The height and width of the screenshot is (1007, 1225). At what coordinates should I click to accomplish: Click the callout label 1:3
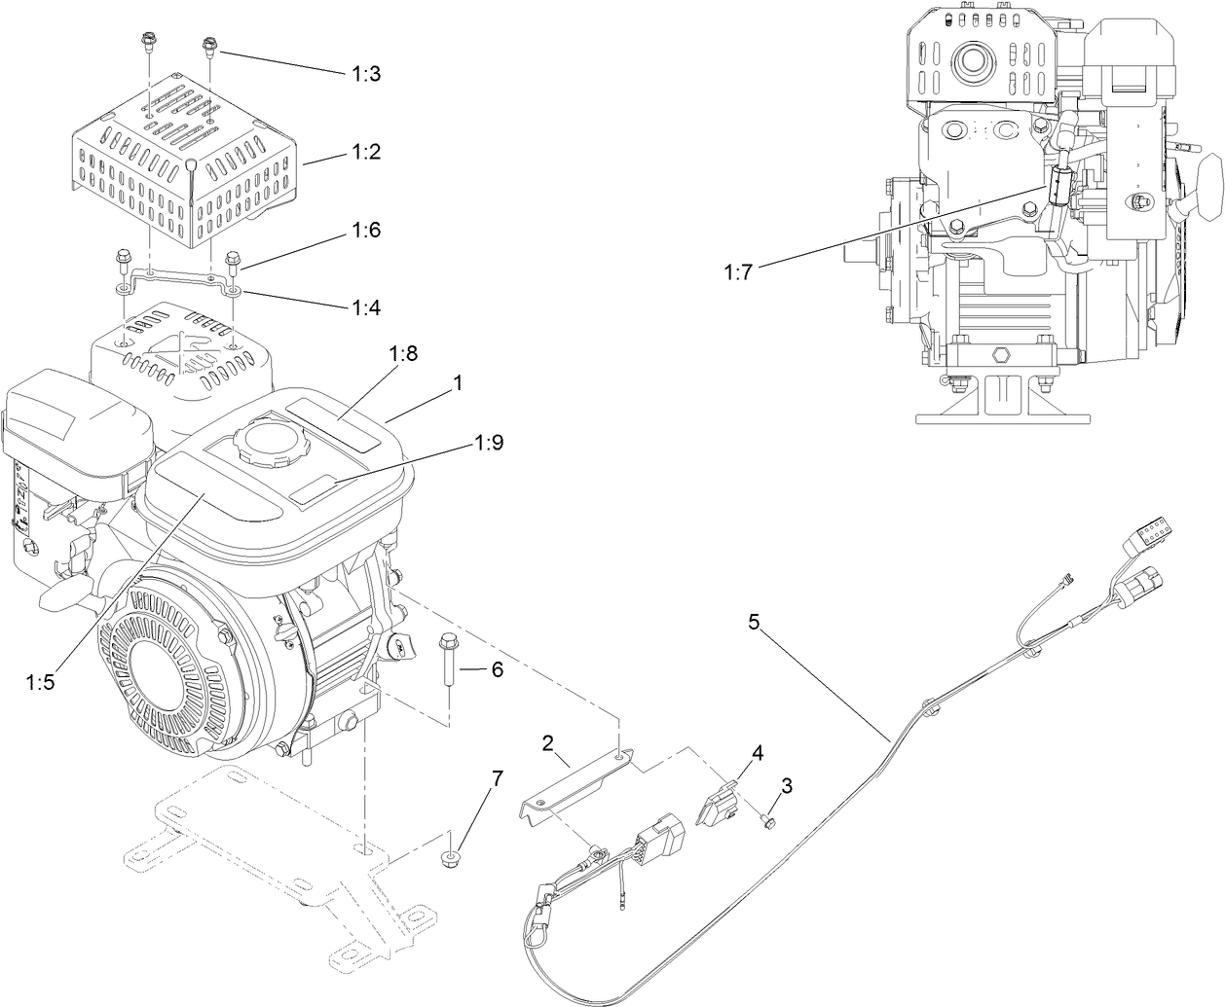(366, 73)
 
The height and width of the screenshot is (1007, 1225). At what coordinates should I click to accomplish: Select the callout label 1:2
(366, 153)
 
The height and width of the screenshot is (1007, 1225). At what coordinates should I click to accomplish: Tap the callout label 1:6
(366, 231)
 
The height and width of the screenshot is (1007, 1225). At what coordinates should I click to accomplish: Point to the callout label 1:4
(366, 307)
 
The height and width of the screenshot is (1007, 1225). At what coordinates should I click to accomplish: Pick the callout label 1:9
(489, 443)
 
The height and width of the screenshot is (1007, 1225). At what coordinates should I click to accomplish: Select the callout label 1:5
(40, 682)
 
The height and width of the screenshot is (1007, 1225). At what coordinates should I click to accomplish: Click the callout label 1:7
(738, 272)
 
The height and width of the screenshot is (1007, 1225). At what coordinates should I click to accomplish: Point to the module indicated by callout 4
(721, 799)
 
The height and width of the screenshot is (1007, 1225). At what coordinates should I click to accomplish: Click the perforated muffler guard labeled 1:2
(180, 161)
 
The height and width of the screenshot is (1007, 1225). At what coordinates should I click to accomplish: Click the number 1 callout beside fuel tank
(457, 385)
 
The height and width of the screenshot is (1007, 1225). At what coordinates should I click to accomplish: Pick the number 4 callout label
(756, 752)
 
